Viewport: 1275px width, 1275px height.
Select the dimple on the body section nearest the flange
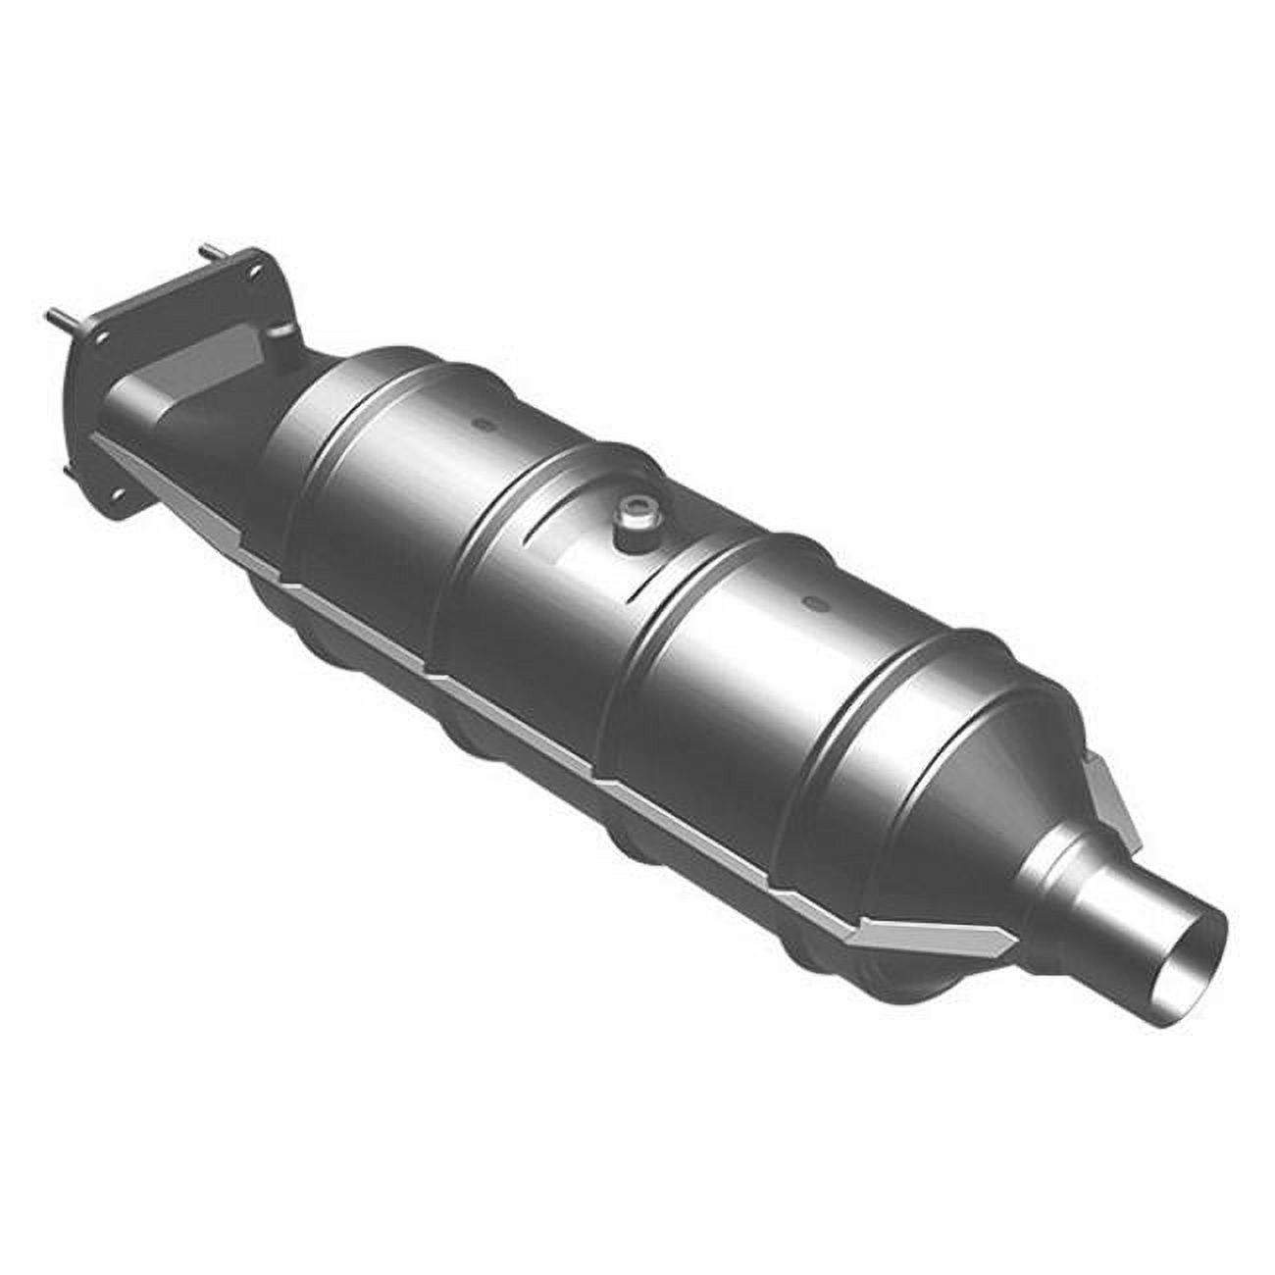(x=480, y=425)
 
